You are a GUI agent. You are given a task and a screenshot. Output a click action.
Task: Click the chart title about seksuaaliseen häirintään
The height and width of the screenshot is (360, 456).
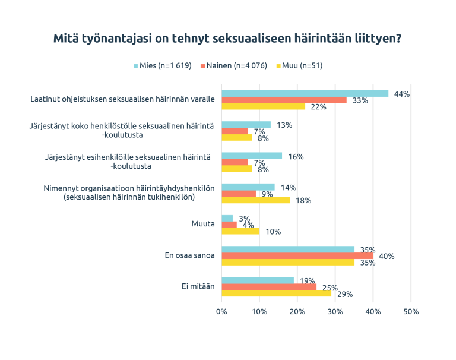(227, 39)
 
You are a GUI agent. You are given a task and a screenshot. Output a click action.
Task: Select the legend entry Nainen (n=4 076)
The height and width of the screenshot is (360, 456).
(234, 65)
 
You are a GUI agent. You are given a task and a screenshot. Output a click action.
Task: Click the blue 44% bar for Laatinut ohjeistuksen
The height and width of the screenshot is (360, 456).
(305, 94)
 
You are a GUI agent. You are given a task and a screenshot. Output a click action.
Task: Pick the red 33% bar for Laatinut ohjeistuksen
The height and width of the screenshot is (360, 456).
(284, 100)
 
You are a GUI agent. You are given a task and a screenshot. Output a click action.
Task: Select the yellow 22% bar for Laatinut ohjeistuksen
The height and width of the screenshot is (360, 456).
(263, 107)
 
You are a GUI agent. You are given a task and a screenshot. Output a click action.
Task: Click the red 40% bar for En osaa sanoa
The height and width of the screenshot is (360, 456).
(297, 256)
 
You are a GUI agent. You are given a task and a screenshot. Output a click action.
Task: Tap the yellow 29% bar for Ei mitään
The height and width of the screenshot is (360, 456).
(276, 293)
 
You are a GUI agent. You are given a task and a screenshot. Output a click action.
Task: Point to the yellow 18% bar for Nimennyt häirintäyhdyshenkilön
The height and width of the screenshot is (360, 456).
(255, 200)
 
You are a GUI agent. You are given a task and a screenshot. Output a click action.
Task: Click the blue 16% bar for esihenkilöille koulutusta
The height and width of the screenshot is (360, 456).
(252, 156)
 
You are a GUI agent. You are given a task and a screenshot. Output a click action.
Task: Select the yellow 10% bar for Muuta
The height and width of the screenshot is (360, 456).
(240, 231)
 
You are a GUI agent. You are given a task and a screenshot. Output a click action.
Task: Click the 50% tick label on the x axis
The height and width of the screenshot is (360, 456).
(411, 311)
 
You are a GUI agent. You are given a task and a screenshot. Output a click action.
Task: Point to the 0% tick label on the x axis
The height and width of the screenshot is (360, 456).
(221, 311)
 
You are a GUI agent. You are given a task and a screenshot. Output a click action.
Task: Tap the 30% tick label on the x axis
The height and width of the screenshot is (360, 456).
(335, 311)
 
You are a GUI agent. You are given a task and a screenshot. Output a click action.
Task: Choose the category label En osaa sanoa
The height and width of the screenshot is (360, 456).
(189, 256)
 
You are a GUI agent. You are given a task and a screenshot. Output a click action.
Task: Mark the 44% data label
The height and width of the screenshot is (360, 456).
(402, 94)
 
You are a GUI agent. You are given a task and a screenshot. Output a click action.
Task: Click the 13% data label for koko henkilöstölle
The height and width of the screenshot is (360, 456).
(284, 125)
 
